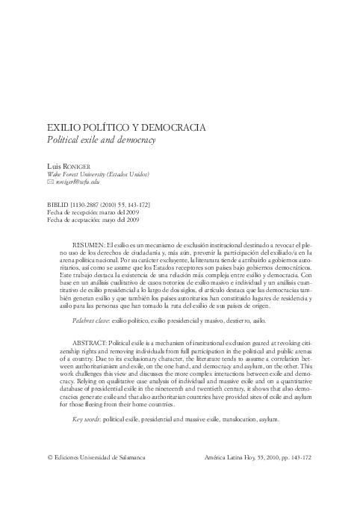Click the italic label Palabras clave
90,319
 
